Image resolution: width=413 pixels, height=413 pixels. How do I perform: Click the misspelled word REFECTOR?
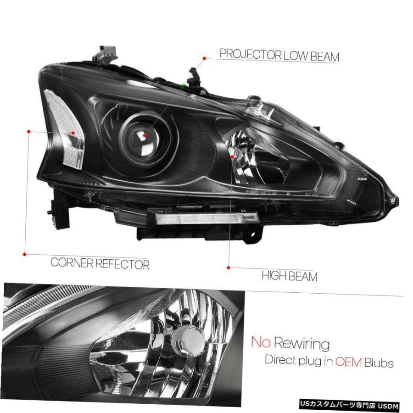(123, 264)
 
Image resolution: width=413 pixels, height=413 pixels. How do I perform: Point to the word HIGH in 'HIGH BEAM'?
(273, 276)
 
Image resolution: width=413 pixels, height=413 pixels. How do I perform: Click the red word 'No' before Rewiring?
(261, 341)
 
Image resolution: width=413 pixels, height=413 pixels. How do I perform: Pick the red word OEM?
(348, 362)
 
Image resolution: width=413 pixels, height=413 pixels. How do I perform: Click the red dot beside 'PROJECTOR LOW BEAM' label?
(204, 58)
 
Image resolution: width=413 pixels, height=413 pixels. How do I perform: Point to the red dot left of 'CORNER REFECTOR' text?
(24, 254)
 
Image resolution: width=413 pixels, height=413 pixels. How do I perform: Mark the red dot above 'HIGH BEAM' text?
(229, 268)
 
